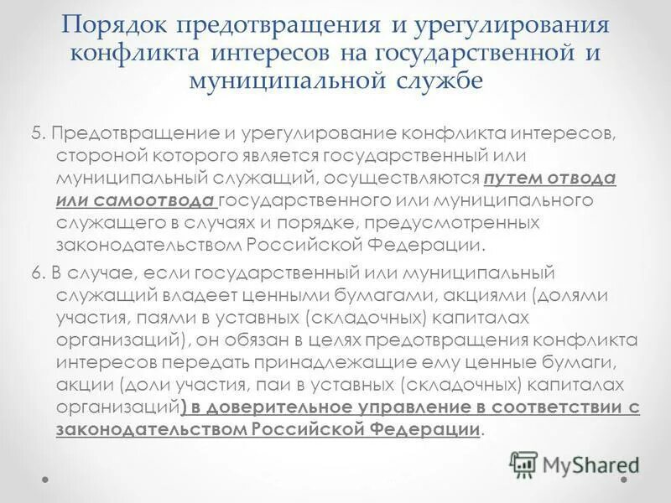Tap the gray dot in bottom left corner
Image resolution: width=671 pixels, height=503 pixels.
pos(45,479)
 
